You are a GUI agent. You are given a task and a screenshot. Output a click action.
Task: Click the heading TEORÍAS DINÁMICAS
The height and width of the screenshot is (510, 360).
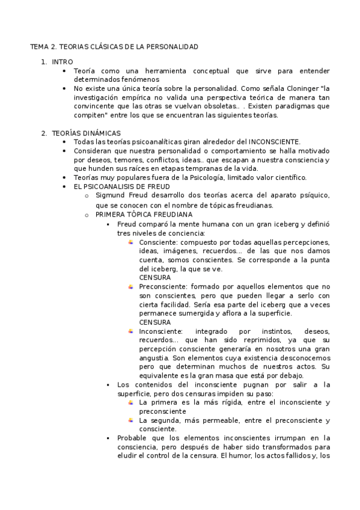pyautogui.click(x=87, y=133)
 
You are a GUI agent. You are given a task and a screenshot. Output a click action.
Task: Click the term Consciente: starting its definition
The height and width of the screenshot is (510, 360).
pyautogui.click(x=159, y=242)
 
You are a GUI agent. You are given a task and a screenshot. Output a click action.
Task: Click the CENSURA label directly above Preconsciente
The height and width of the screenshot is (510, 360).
pyautogui.click(x=154, y=277)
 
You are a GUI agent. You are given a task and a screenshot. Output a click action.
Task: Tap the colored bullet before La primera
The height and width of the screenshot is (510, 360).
pyautogui.click(x=130, y=402)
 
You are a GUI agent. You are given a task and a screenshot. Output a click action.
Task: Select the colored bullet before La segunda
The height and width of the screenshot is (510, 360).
pyautogui.click(x=130, y=420)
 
